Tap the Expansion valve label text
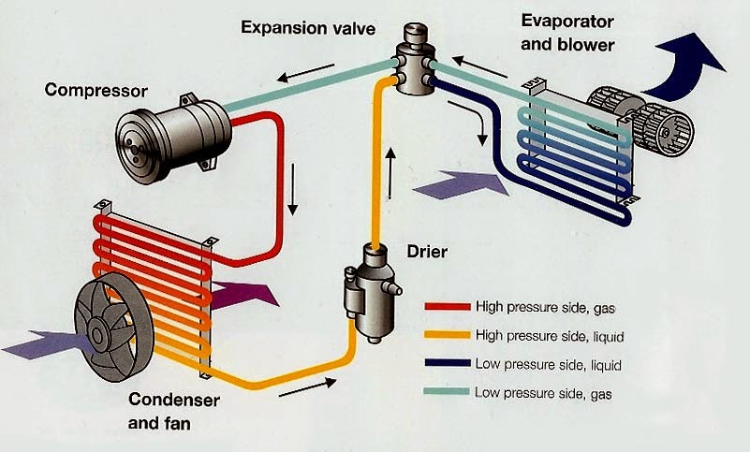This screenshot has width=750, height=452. (308, 27)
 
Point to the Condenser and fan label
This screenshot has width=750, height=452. (173, 413)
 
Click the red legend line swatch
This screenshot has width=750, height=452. (447, 306)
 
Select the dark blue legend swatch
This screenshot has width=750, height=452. (447, 363)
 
